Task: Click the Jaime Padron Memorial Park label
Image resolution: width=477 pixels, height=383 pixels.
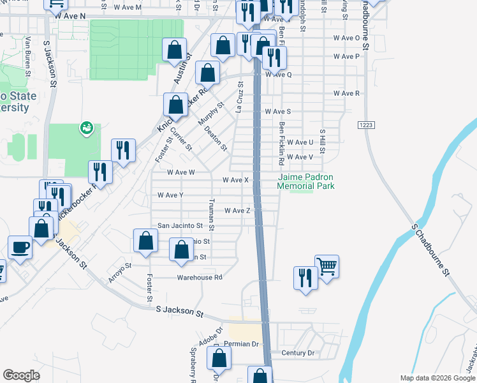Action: coord(305,181)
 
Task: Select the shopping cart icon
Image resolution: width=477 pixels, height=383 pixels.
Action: coord(327,266)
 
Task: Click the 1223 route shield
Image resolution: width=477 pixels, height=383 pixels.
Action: coord(365,125)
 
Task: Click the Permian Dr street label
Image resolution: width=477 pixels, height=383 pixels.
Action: coord(245,344)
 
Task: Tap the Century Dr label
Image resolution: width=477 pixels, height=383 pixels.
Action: coord(298,353)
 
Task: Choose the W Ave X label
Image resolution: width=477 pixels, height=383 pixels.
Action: coord(235,180)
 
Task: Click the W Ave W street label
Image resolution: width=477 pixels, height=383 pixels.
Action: coord(180,172)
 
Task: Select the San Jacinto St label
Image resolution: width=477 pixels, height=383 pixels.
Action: coord(180,226)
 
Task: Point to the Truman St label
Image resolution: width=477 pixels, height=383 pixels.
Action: coord(210,214)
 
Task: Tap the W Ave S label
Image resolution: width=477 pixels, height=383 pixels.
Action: coord(278,112)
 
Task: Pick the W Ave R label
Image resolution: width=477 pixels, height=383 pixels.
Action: coord(348,94)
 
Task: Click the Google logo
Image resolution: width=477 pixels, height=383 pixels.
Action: coord(21,375)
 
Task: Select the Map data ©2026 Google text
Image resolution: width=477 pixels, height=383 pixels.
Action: coord(437,378)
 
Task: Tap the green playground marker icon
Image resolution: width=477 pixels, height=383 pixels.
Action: coord(85,129)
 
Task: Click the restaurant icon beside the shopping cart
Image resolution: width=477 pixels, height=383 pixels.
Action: coord(305,278)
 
